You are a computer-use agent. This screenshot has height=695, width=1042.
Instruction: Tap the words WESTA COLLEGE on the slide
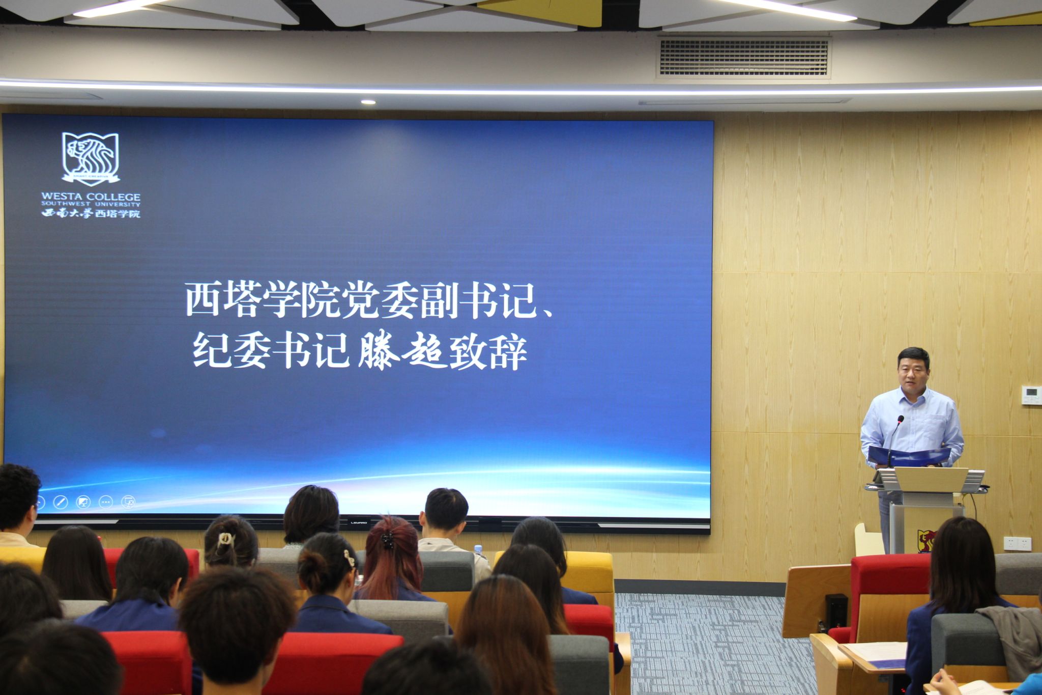coord(91,197)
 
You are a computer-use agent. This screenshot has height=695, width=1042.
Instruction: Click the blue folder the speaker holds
coord(909,456)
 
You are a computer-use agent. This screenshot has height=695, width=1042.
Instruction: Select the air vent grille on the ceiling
coord(743,57)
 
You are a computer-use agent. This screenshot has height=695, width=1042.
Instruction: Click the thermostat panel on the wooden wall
coord(1031,395)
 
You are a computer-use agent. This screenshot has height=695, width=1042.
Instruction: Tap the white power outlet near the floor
coord(1017,543)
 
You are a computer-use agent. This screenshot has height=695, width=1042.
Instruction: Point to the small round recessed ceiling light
coord(368,102)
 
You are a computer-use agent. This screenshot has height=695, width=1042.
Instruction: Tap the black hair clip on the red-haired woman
coord(387,540)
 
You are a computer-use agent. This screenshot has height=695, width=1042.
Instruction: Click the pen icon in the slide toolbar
coord(61,503)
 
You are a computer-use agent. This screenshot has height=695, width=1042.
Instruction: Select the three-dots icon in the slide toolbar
coord(105,503)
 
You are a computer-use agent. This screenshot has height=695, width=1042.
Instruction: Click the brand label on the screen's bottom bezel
coord(359,522)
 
